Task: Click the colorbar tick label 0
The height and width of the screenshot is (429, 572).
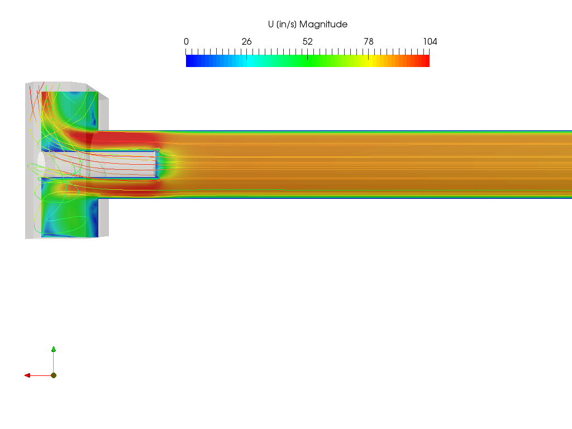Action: coord(186,41)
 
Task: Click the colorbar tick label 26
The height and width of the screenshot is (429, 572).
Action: coord(246,41)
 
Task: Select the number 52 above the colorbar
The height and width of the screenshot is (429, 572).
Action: coord(308,41)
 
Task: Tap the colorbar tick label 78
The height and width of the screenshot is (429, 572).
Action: coord(369,41)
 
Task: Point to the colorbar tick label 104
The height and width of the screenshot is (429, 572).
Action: coord(430,41)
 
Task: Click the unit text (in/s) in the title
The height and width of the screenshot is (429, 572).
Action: coord(287,25)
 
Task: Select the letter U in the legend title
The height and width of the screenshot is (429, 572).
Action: coord(271,24)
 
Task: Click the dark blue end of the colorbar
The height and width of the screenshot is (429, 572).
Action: coord(190,61)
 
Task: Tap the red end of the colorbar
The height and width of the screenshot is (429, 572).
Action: coord(425,61)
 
